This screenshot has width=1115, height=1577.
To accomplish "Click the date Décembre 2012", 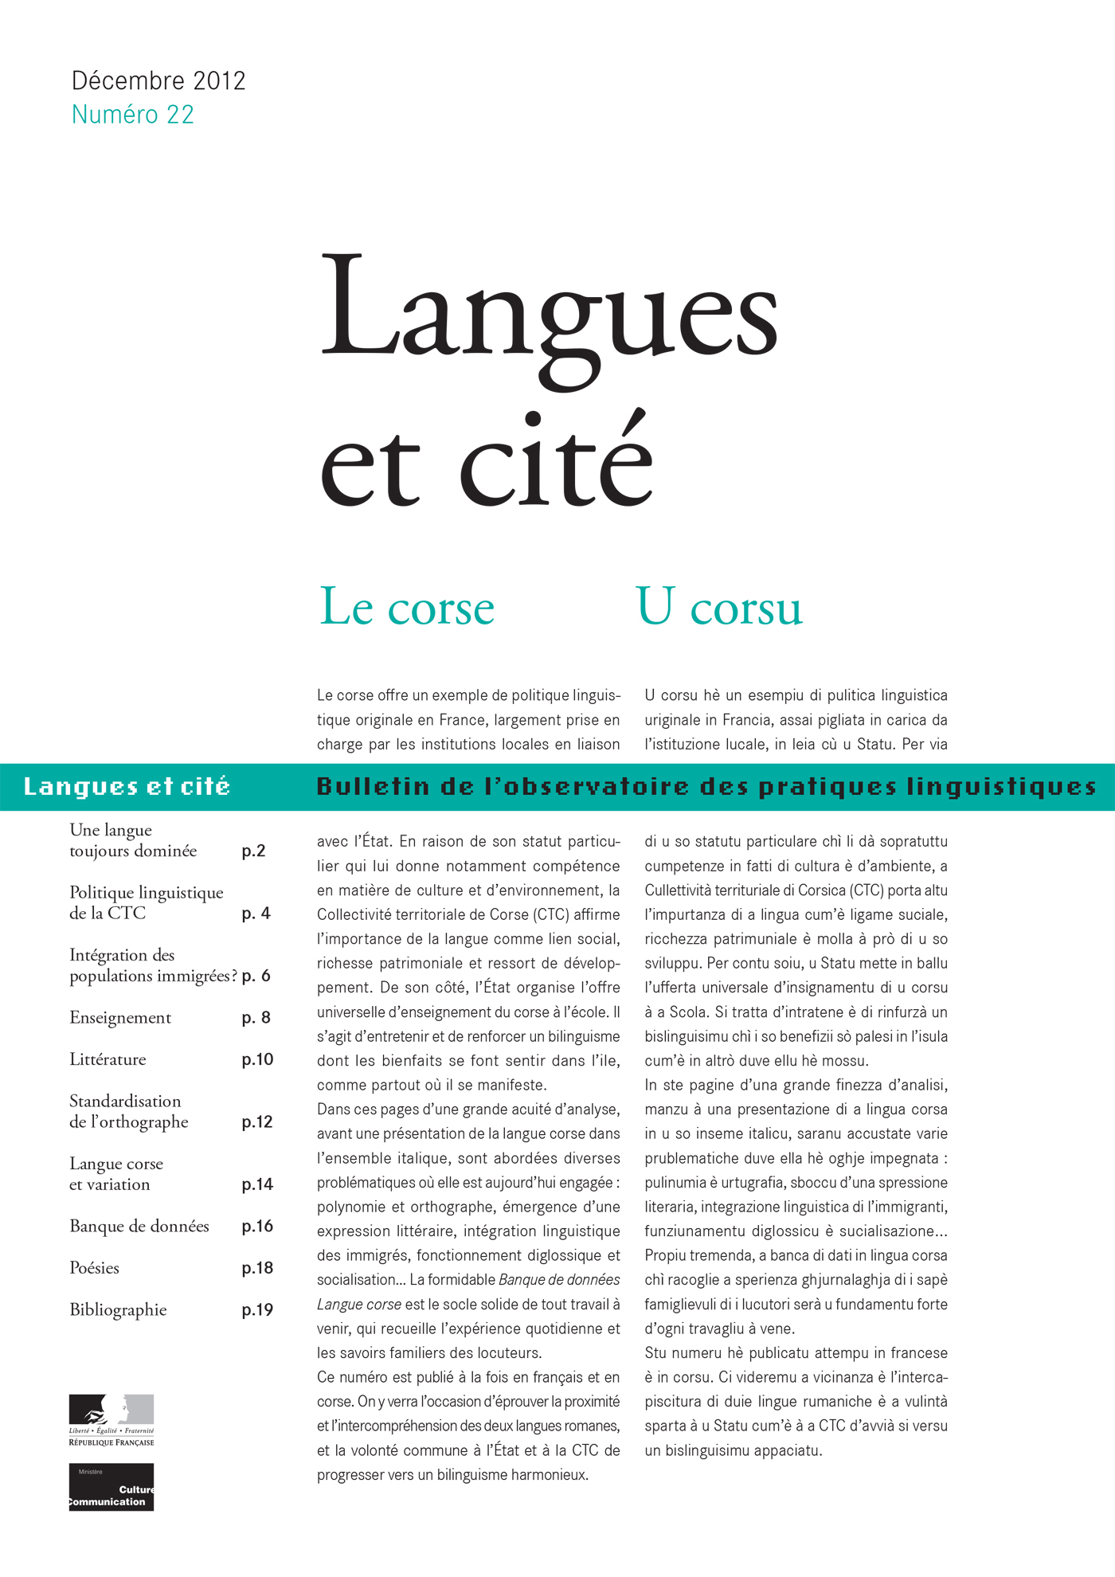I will pyautogui.click(x=158, y=80).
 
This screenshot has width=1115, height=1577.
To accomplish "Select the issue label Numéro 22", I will pyautogui.click(x=132, y=115).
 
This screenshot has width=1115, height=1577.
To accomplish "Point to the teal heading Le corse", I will pyautogui.click(x=407, y=607).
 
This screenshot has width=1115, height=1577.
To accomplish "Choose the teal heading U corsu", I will pyautogui.click(x=719, y=607).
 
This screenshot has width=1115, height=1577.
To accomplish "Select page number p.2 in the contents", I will pyautogui.click(x=253, y=851).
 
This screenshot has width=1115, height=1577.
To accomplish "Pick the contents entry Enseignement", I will pyautogui.click(x=120, y=1017).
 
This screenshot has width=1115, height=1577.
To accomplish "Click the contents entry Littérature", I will pyautogui.click(x=108, y=1059).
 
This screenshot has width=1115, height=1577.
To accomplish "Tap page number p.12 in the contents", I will pyautogui.click(x=256, y=1121).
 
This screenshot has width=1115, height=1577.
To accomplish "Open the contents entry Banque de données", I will pyautogui.click(x=139, y=1226).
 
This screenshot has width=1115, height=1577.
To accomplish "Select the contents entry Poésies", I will pyautogui.click(x=94, y=1268).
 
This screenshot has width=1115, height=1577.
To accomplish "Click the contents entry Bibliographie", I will pyautogui.click(x=118, y=1309).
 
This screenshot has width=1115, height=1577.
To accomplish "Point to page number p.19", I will pyautogui.click(x=256, y=1310).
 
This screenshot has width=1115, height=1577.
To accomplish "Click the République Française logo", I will pyautogui.click(x=111, y=1420).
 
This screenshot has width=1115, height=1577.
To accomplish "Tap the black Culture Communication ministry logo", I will pyautogui.click(x=111, y=1486).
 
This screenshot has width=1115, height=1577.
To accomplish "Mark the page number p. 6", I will pyautogui.click(x=256, y=976).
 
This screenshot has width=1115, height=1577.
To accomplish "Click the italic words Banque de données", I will pyautogui.click(x=559, y=1280).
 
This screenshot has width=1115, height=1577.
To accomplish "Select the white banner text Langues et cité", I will pyautogui.click(x=127, y=787).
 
